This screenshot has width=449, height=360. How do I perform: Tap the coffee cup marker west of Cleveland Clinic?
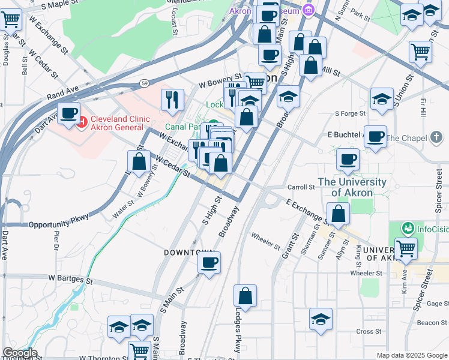point(69,112)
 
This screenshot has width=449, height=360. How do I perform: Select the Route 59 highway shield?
point(145,83)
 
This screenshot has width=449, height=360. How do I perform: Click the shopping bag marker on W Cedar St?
point(139,161)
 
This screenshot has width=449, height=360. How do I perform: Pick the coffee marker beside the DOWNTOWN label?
point(209,263)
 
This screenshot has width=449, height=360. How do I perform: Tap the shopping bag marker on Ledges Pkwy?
point(245,296)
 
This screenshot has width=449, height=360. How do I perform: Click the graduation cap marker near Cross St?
point(321,319)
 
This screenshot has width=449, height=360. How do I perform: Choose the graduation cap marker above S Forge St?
point(382,100)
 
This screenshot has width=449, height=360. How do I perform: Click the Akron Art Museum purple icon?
point(309,10)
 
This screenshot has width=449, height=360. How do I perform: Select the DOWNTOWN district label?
point(190,253)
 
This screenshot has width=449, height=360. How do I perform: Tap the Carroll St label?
point(301,187)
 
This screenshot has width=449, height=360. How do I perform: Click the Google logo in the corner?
point(19,353)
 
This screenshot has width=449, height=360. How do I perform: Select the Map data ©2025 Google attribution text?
point(411,355)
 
